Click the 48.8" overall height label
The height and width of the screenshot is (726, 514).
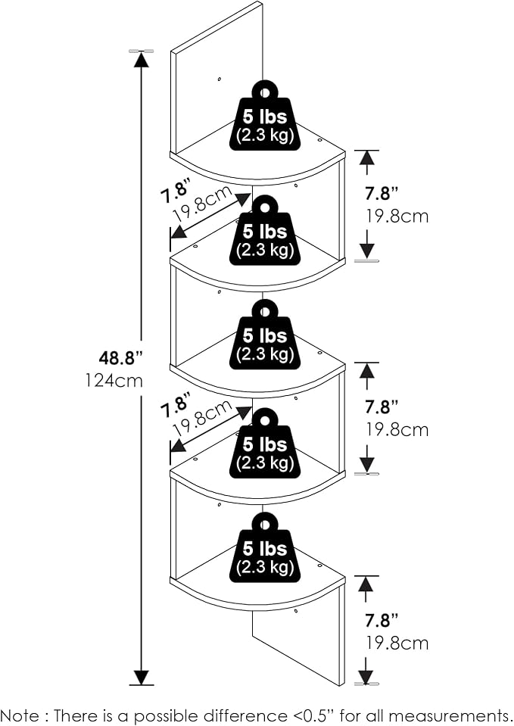tap(121, 358)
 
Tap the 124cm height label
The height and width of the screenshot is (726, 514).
tap(114, 381)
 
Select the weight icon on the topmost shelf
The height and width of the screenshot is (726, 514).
tap(265, 116)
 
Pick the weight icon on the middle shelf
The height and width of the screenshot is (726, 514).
tap(265, 335)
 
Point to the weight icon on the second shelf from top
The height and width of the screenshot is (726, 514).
tap(265, 230)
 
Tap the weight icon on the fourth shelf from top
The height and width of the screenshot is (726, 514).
tap(265, 443)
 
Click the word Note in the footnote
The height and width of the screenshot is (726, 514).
tap(20, 715)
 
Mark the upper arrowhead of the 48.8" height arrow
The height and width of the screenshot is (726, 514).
tap(142, 59)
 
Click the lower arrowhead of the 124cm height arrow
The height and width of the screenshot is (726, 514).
tap(142, 677)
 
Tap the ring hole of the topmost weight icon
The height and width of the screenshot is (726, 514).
tap(265, 92)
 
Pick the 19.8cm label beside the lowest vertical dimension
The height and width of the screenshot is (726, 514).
tap(397, 643)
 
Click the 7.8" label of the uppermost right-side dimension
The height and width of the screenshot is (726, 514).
tap(381, 193)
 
